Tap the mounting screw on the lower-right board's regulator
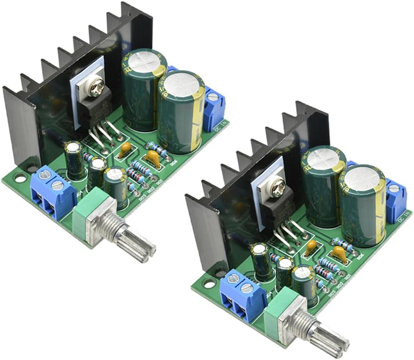pyautogui.click(x=276, y=190)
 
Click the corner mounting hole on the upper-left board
pyautogui.click(x=19, y=177)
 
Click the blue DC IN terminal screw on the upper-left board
pyautogui.click(x=213, y=98)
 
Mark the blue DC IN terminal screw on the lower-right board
pyautogui.click(x=393, y=188)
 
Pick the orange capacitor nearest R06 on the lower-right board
pyautogui.click(x=340, y=254)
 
